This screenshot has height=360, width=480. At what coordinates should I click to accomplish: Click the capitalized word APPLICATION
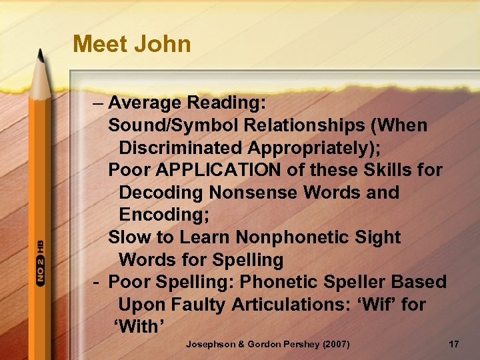218,170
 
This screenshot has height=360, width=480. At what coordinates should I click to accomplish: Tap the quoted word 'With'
139,327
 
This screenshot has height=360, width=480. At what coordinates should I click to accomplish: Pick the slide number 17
453,344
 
